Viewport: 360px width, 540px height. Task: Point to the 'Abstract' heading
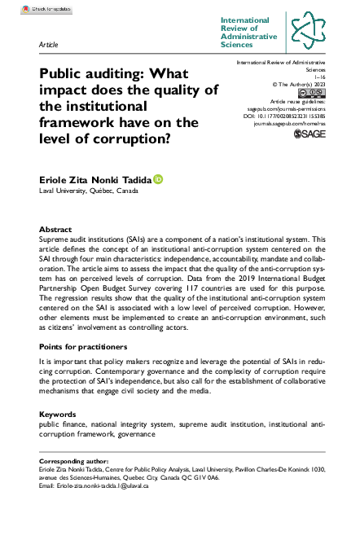click(55, 230)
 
